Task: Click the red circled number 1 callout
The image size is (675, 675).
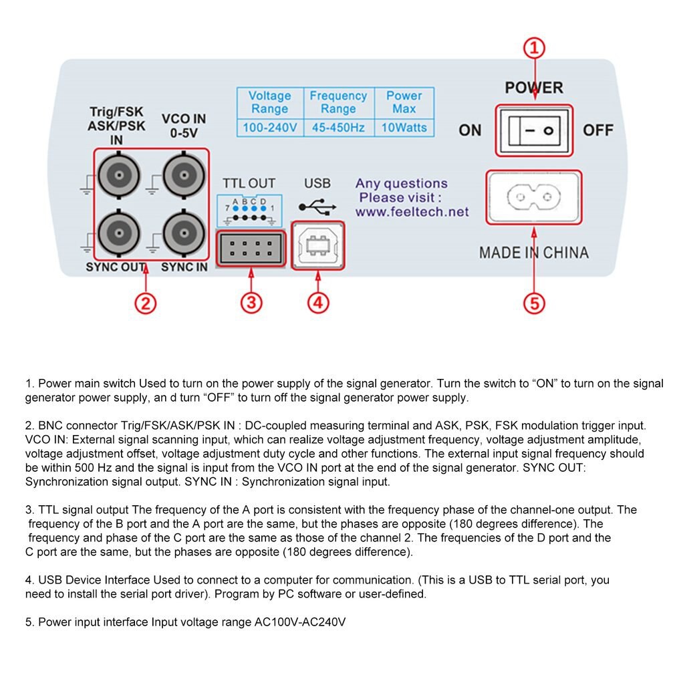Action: point(533,49)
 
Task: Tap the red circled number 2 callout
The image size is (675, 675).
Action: point(145,303)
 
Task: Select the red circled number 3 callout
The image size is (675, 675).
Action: point(251,303)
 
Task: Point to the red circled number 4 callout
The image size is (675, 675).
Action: point(318,303)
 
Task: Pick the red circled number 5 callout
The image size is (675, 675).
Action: point(533,303)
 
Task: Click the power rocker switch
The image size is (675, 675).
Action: point(534,130)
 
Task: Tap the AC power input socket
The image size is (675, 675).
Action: point(534,197)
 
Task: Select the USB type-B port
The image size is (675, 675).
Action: point(318,246)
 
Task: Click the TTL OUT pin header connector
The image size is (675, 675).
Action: point(251,249)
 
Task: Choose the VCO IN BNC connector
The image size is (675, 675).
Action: point(184,176)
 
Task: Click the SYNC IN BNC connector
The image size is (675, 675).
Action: point(184,233)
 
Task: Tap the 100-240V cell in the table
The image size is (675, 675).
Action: point(269,128)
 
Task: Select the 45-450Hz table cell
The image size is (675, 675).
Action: point(338,128)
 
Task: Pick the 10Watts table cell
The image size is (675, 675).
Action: point(404,128)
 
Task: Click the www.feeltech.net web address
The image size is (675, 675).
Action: point(412,213)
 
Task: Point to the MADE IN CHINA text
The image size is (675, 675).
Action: point(534,253)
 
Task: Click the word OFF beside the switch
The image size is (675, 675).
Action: point(598,130)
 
